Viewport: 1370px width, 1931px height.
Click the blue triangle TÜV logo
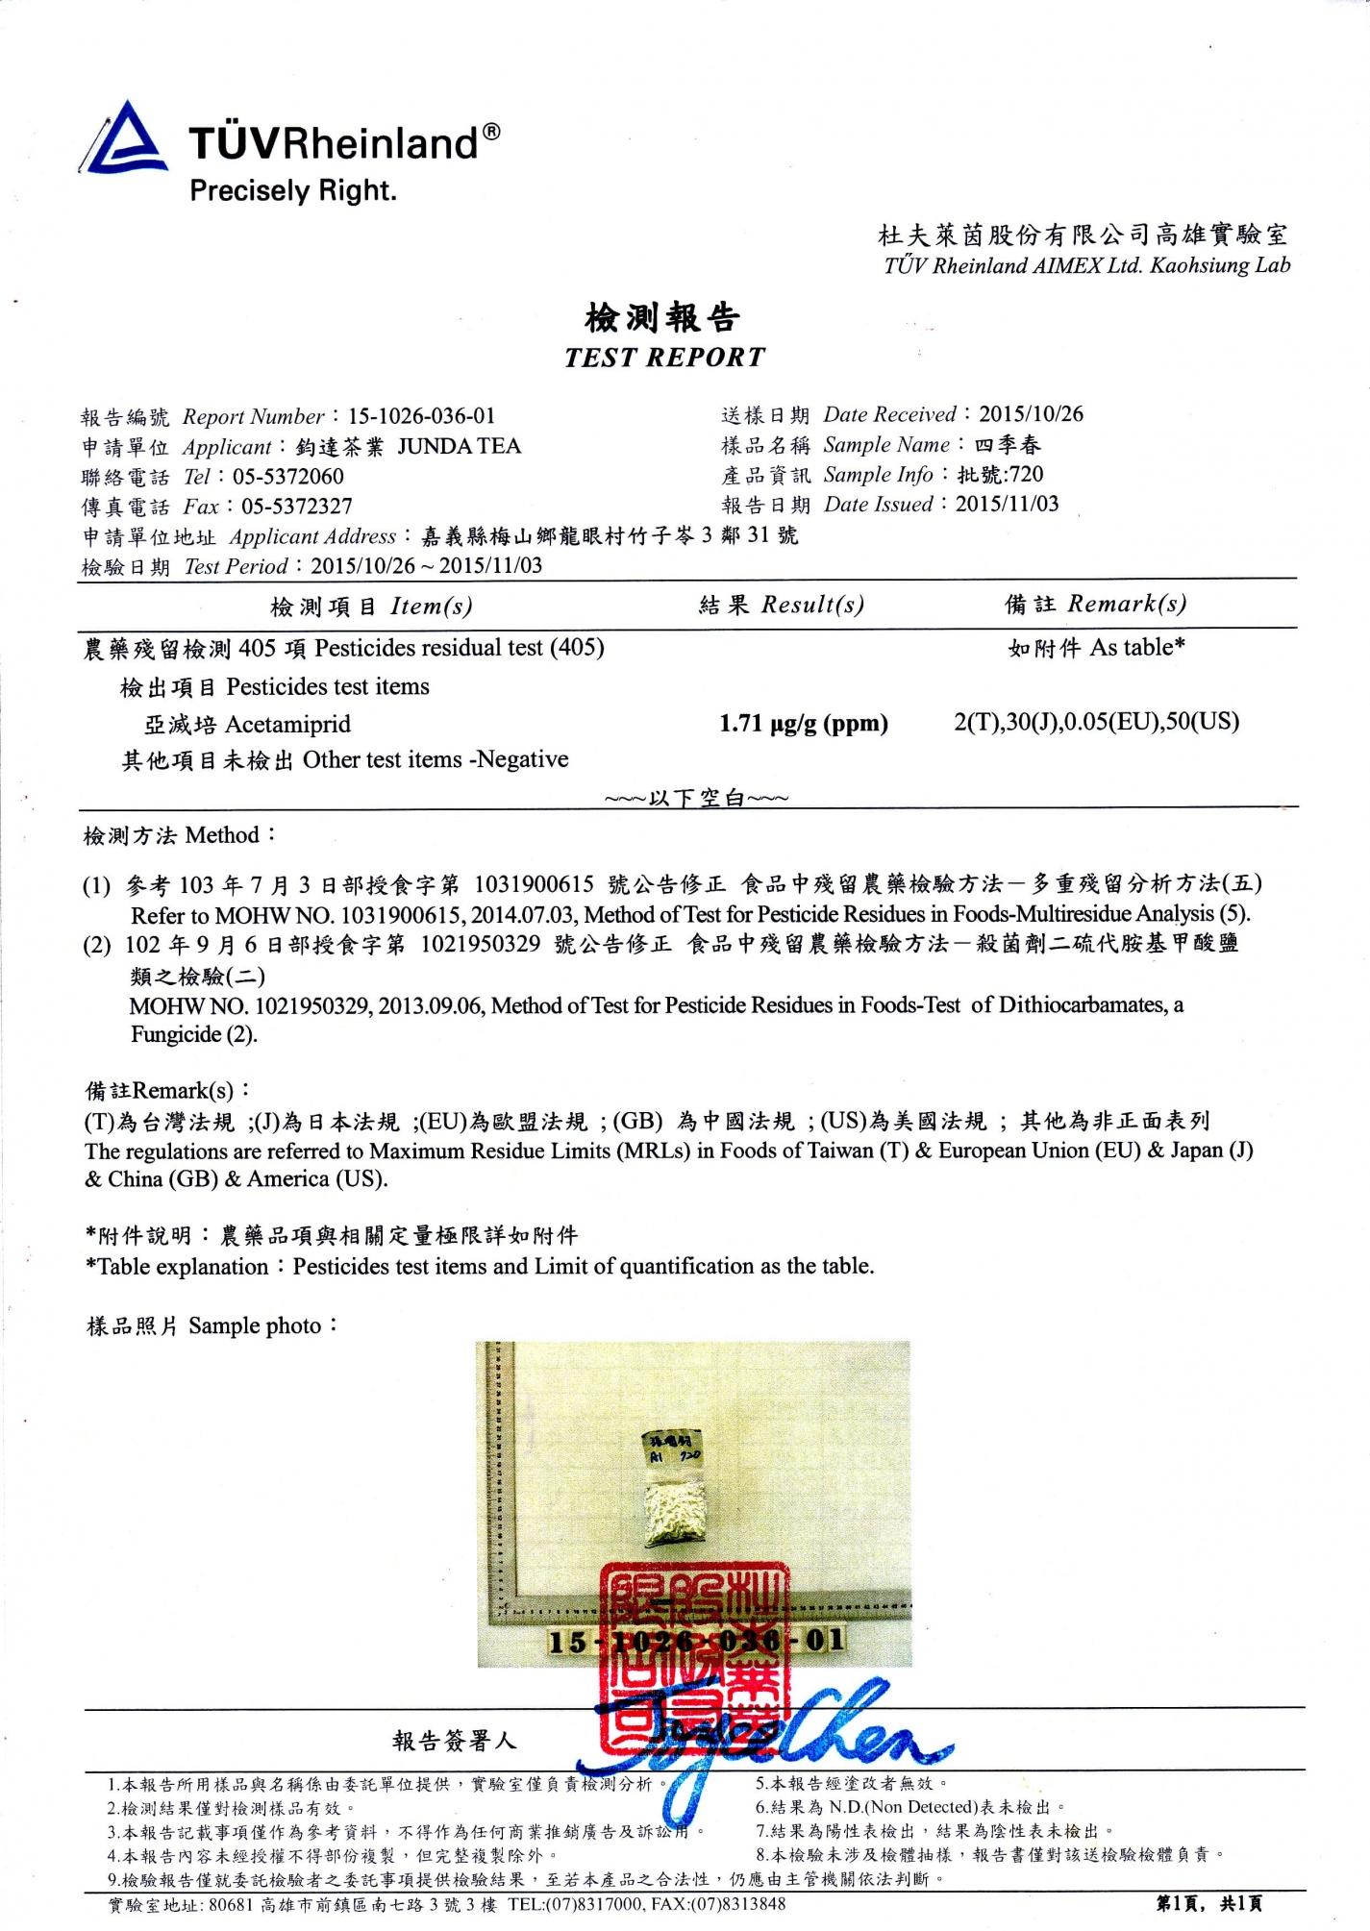click(123, 139)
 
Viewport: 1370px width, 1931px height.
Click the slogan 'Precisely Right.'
click(292, 190)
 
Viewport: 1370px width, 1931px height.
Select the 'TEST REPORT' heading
click(664, 358)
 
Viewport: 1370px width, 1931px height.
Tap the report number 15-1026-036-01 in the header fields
click(421, 416)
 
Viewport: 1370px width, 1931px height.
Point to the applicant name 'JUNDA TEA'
click(459, 446)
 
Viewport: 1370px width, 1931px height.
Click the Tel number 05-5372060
click(287, 477)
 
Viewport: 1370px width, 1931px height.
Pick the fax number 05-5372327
click(296, 507)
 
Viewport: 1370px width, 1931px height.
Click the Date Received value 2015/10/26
click(1031, 414)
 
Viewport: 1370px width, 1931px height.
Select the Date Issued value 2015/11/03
click(1007, 504)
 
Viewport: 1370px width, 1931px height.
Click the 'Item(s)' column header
click(431, 607)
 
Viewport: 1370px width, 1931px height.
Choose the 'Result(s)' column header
click(812, 605)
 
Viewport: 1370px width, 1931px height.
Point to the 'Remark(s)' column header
click(1127, 604)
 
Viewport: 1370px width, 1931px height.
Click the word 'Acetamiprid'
click(287, 724)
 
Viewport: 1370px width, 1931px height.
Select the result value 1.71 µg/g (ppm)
click(803, 723)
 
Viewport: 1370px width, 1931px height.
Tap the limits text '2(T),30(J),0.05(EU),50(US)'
click(1096, 722)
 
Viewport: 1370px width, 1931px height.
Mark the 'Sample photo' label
click(255, 1326)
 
